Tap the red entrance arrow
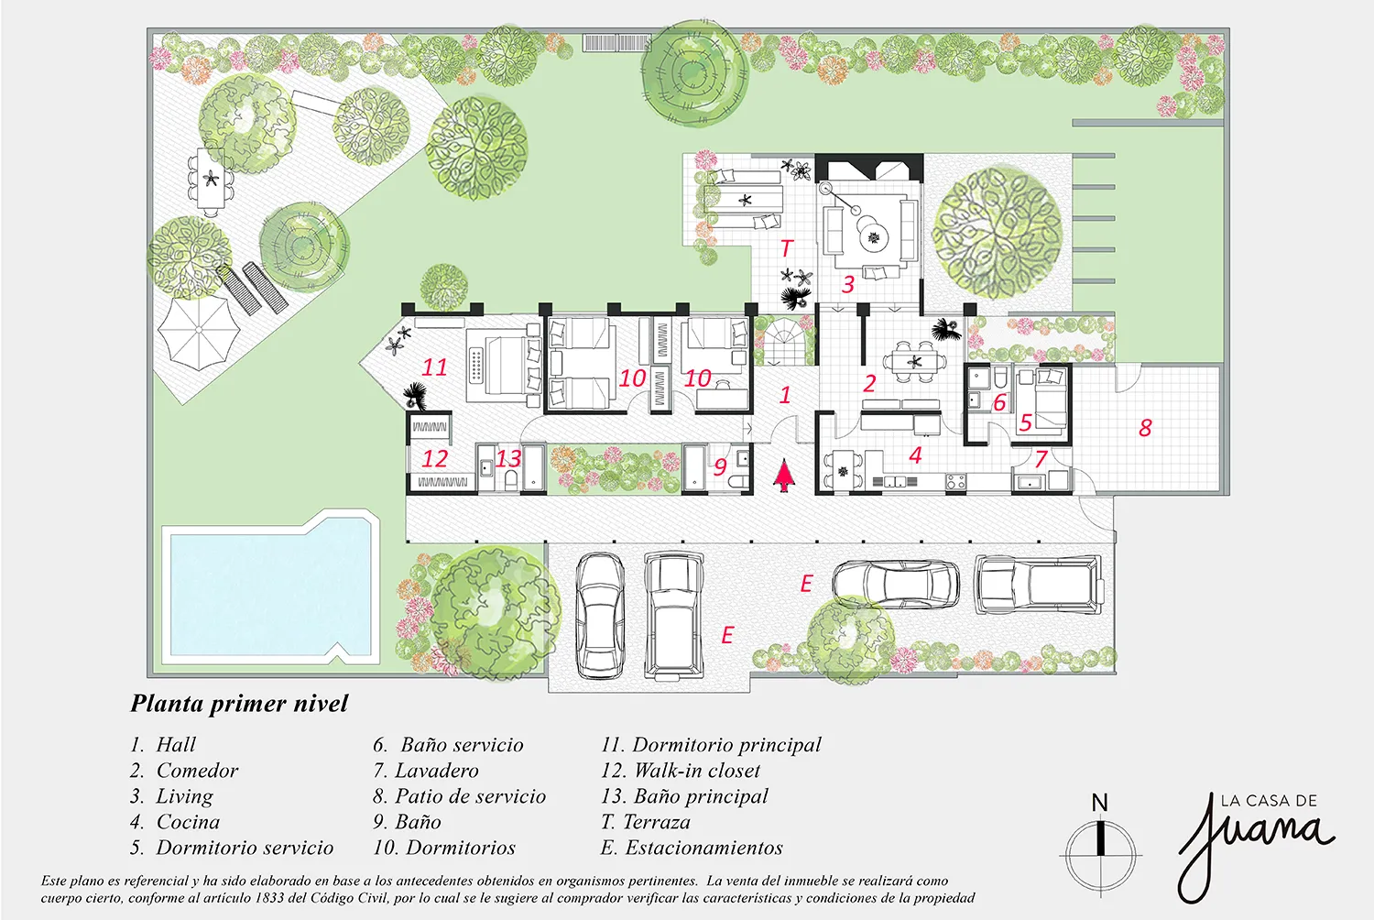[783, 476]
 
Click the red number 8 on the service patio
[1145, 428]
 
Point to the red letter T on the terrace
[786, 248]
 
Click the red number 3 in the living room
[848, 284]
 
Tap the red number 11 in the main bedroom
[434, 367]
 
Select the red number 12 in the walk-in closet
[435, 458]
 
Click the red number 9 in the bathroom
[720, 467]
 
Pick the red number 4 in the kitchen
[915, 455]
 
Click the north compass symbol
[1101, 850]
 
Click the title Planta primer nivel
[239, 704]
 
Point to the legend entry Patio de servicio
[460, 796]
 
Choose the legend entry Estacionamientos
[692, 848]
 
